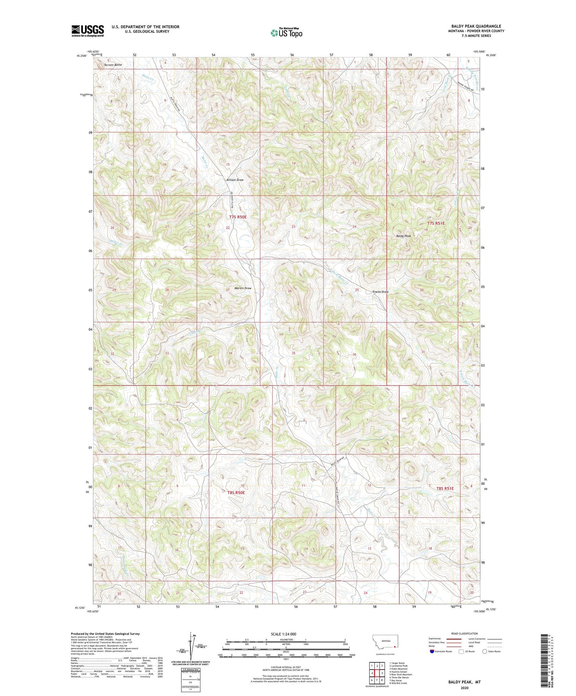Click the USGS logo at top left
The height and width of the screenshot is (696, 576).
(88, 31)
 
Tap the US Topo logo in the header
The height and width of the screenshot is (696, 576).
(286, 33)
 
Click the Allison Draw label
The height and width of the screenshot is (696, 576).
(235, 180)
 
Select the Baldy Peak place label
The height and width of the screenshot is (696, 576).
(404, 236)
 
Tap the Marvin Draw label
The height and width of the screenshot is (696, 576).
(243, 288)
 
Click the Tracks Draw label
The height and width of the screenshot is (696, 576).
(380, 292)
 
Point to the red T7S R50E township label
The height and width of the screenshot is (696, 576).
(237, 217)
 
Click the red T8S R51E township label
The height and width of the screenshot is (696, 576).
(445, 489)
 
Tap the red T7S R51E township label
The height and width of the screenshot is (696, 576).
(436, 223)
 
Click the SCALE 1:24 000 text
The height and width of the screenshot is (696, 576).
(286, 634)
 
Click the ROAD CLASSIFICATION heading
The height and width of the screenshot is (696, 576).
(465, 633)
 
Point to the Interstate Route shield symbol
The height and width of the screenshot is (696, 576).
(432, 651)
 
